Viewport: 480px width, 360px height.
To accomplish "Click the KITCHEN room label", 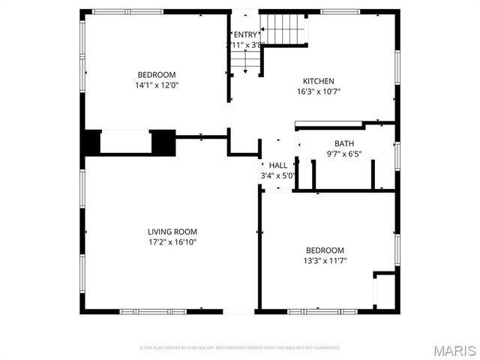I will pyautogui.click(x=318, y=81).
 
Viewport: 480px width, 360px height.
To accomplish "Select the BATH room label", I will pyautogui.click(x=344, y=143).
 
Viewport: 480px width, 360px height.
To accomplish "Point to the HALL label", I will pyautogui.click(x=277, y=165).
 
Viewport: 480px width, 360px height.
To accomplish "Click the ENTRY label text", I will pyautogui.click(x=244, y=34).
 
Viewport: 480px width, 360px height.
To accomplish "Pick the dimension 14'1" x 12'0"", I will pyautogui.click(x=156, y=85).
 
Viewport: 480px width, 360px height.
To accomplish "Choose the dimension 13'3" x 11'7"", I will pyautogui.click(x=325, y=261).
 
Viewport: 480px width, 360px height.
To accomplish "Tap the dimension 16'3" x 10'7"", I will pyautogui.click(x=318, y=92).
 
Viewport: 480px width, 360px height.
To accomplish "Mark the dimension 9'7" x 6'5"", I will pyautogui.click(x=344, y=154).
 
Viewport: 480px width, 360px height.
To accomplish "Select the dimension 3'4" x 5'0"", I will pyautogui.click(x=277, y=176).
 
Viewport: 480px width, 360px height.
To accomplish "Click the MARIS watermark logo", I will pyautogui.click(x=453, y=350).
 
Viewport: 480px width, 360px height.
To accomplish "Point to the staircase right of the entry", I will pyautogui.click(x=283, y=31).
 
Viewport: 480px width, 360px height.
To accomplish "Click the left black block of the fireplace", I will pyautogui.click(x=91, y=142).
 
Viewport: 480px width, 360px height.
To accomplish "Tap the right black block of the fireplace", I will pyautogui.click(x=163, y=142).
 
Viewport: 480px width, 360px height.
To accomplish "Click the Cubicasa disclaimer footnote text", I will pyautogui.click(x=240, y=348).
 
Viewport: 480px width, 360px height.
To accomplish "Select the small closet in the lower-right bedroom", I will pyautogui.click(x=384, y=289).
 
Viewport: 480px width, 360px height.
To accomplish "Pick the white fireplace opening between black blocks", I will pyautogui.click(x=126, y=142).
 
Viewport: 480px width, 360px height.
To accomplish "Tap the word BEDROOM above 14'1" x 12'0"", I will pyautogui.click(x=156, y=74).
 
